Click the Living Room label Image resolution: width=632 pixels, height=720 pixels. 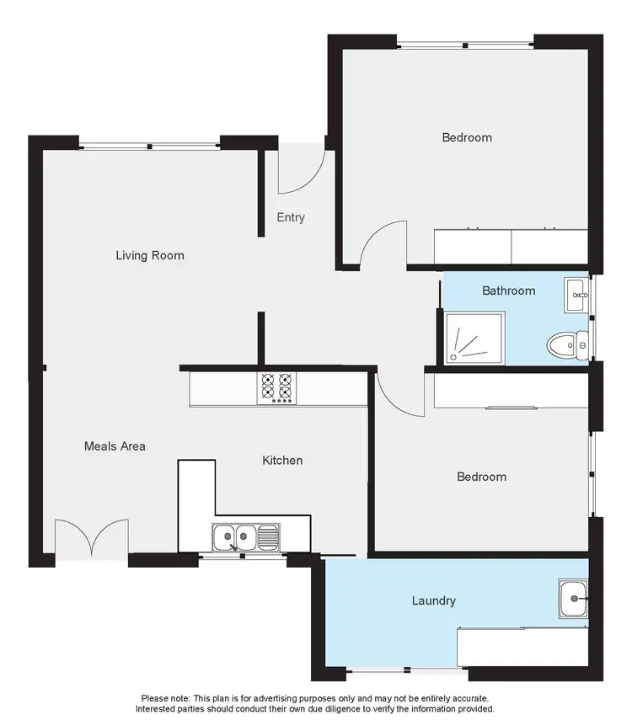[x=150, y=255]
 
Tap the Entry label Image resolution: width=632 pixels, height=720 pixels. [x=291, y=217]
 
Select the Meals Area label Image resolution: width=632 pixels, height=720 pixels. [x=115, y=445]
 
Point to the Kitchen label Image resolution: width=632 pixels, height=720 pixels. [x=282, y=460]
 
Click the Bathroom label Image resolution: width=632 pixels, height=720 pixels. [x=508, y=291]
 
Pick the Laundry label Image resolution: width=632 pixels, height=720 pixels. [x=434, y=600]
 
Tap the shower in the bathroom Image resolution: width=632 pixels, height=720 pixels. [x=474, y=338]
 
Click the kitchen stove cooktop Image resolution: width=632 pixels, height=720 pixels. [x=276, y=388]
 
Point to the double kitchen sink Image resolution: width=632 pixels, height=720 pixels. [x=234, y=535]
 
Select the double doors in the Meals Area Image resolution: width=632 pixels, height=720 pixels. [x=92, y=539]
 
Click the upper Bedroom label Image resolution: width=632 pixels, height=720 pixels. [x=467, y=137]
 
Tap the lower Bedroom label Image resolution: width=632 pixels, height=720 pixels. [x=481, y=477]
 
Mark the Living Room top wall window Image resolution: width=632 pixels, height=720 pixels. [x=150, y=147]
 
